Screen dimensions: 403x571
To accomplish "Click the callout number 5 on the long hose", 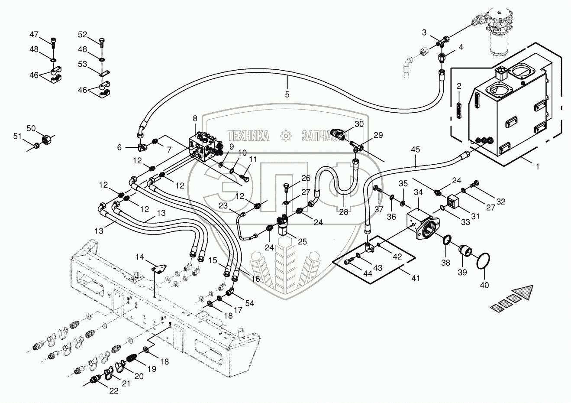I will click(287, 94).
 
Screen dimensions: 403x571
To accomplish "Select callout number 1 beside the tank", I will click(538, 166).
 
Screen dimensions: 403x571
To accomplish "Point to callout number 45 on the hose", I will click(416, 150).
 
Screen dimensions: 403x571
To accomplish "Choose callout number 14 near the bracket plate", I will click(140, 257).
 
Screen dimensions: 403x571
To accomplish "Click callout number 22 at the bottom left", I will click(113, 391).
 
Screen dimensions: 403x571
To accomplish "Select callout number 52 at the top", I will click(83, 35).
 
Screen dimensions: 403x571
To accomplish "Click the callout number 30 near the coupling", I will click(359, 124).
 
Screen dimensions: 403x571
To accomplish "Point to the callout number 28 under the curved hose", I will click(344, 212).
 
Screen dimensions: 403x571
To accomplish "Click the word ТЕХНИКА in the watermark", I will click(248, 136).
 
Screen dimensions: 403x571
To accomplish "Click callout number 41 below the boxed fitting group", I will click(416, 279).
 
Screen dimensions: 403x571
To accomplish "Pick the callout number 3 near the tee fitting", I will click(424, 32).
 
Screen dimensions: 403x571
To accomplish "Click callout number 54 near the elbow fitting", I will click(249, 303).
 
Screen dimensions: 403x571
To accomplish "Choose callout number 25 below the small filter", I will click(302, 241).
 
